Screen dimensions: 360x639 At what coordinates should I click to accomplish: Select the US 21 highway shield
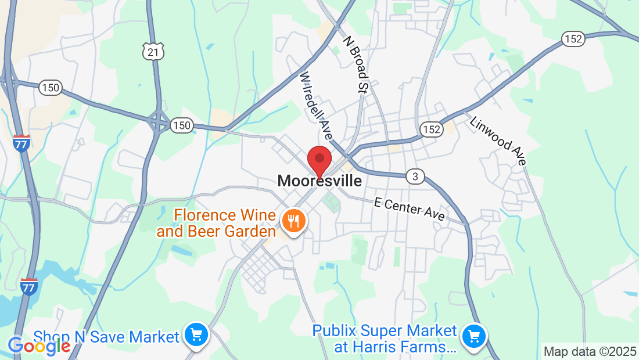pos(153,51)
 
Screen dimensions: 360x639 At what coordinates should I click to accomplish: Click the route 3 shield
pos(415,177)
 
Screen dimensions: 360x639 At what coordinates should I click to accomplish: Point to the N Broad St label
pos(356,64)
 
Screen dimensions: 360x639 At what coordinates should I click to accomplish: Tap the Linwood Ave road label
pos(498,141)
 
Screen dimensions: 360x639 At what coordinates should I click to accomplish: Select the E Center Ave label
pos(410,209)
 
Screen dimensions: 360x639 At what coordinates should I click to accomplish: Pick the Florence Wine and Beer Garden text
pos(216,224)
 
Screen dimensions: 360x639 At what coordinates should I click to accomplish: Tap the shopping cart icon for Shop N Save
pos(196,334)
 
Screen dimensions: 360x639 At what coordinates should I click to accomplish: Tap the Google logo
pos(39,346)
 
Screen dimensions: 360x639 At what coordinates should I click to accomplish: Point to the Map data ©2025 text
pos(589,351)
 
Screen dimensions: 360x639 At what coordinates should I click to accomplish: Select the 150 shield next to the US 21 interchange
pos(182,125)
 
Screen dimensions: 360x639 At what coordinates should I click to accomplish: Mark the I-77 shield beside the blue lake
pos(28,286)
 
